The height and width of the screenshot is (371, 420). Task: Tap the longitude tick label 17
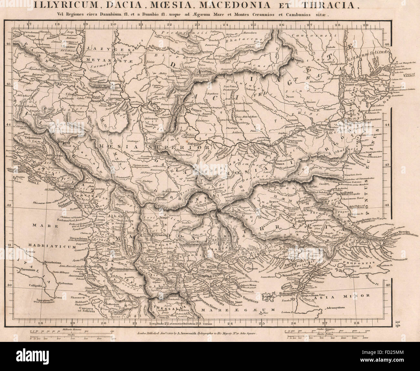(29, 24)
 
